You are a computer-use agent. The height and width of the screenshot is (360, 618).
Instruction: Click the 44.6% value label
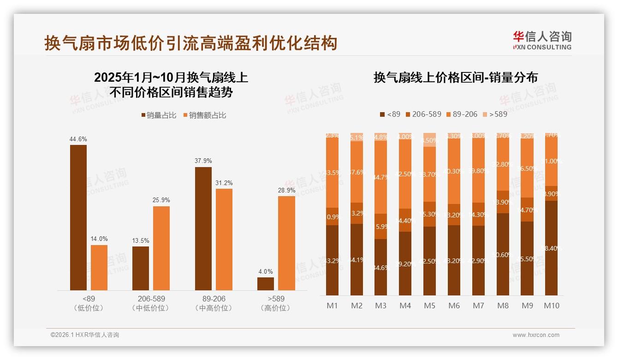click(78, 139)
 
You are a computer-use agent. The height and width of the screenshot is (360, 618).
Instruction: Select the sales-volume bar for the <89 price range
click(78, 217)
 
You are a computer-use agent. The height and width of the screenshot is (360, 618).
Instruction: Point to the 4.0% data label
click(266, 271)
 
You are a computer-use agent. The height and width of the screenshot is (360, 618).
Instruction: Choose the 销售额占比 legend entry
click(204, 115)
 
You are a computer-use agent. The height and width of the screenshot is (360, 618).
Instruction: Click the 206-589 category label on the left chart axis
click(151, 299)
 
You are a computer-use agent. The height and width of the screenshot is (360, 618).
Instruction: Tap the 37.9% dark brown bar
click(203, 228)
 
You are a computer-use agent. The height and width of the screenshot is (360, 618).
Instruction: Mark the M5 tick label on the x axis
click(429, 306)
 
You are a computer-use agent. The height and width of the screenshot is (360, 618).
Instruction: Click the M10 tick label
click(551, 306)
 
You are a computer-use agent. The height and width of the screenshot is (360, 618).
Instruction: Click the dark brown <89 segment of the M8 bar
click(503, 254)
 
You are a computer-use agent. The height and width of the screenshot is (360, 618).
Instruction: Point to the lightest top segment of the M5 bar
click(429, 140)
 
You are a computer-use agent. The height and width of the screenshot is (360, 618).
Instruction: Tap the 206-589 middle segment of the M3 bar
click(380, 226)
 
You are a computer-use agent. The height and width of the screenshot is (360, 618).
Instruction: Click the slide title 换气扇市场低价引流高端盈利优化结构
click(191, 43)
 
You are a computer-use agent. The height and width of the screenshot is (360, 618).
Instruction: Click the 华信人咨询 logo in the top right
click(542, 40)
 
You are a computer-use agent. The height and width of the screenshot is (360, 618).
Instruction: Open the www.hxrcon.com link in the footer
click(536, 335)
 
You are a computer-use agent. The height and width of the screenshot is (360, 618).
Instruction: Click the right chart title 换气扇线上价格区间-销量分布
click(456, 78)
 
